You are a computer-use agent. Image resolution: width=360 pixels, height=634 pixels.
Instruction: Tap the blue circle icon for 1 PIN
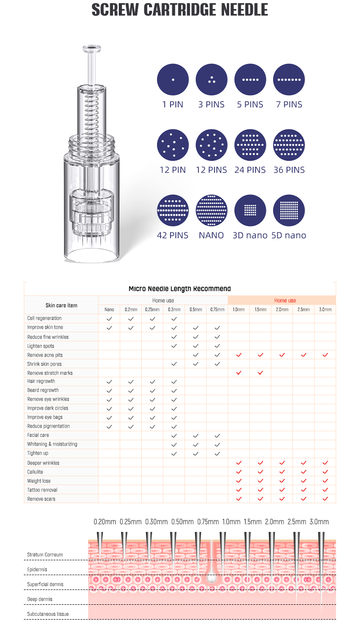(x=173, y=80)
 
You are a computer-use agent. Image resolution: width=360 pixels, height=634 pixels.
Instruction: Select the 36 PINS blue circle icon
(x=289, y=145)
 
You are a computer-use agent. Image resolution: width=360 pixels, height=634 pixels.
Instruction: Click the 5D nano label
(x=289, y=235)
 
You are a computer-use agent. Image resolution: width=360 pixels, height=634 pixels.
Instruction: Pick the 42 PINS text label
(x=173, y=235)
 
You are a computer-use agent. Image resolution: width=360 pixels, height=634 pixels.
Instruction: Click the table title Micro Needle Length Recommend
(x=180, y=289)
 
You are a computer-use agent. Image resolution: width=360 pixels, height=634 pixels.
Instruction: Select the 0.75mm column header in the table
(x=217, y=309)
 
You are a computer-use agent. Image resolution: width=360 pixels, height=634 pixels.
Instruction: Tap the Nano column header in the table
(x=109, y=309)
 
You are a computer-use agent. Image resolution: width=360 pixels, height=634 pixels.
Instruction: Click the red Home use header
(x=285, y=300)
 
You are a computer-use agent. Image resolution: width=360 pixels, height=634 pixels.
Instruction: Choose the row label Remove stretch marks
(x=49, y=373)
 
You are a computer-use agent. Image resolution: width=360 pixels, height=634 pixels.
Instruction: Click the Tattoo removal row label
(x=42, y=490)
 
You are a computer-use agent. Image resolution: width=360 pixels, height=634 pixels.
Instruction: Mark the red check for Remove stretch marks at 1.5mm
(x=260, y=373)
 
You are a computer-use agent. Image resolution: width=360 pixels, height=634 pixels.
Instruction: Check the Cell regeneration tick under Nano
(x=109, y=318)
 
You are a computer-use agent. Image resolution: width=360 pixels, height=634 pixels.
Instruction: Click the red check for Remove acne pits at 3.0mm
(x=325, y=355)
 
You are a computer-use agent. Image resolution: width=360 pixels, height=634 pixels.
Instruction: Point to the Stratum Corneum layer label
(x=45, y=554)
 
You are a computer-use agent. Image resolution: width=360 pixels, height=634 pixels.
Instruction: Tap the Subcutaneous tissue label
(x=48, y=614)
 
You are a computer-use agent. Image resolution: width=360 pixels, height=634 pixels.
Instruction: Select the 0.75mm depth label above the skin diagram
(x=208, y=522)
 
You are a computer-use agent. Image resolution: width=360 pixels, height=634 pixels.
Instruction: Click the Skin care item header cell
(x=61, y=305)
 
